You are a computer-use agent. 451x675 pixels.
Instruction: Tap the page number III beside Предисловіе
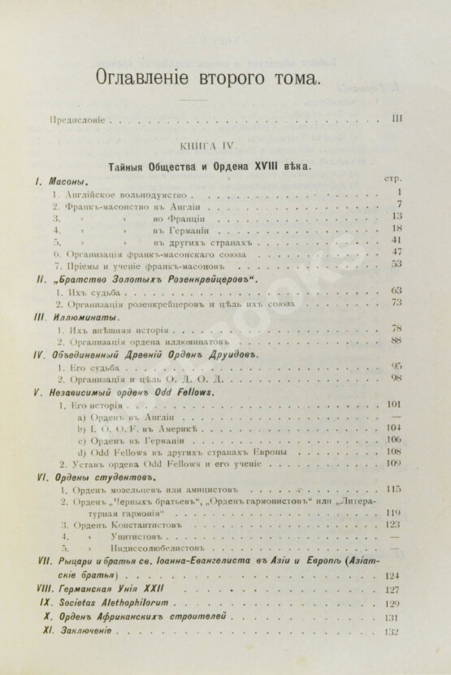click(x=397, y=119)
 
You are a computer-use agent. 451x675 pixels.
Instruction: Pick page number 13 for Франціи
click(x=397, y=217)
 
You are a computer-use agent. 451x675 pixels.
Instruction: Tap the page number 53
click(x=397, y=264)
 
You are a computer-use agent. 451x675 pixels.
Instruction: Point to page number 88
click(x=397, y=341)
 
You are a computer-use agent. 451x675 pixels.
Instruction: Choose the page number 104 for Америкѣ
click(x=396, y=427)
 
